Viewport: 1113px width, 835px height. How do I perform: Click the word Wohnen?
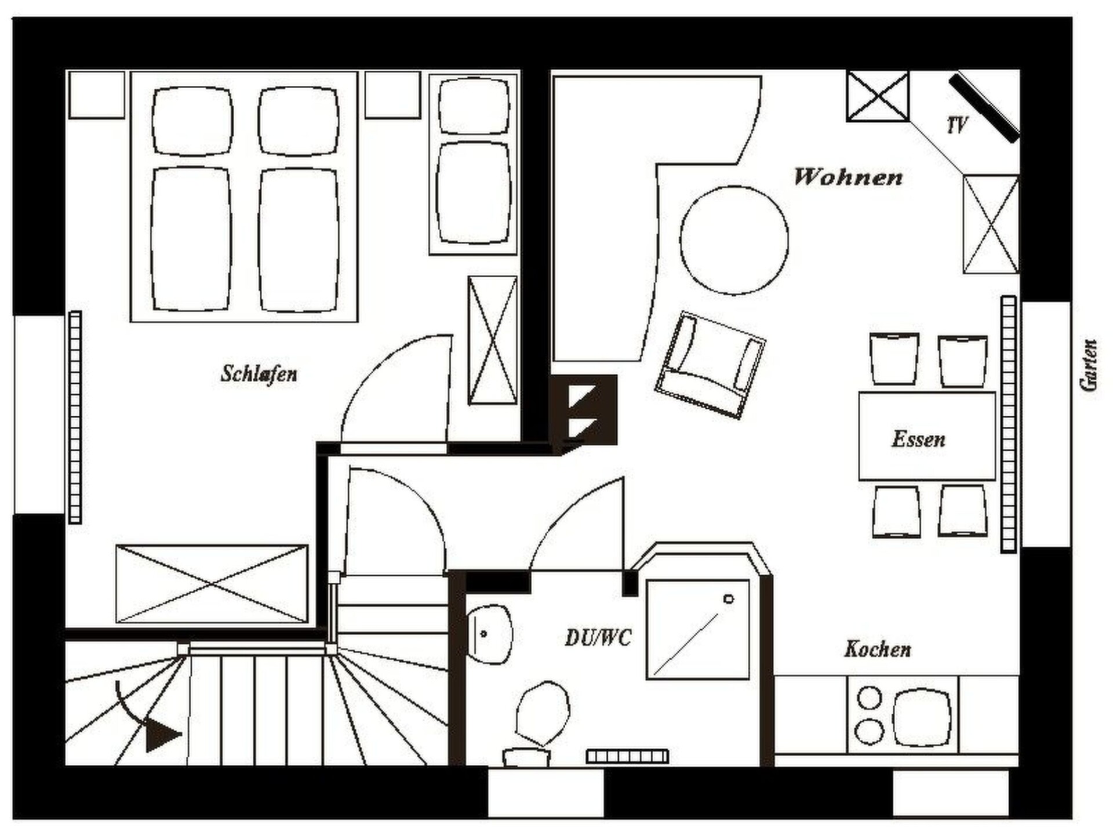[848, 177]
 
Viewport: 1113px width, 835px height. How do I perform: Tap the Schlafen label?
[259, 374]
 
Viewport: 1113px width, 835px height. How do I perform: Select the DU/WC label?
[598, 638]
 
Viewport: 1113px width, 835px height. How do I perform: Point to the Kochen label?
[877, 649]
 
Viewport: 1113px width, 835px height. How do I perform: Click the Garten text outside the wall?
[1089, 365]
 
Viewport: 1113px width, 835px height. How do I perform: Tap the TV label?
[957, 125]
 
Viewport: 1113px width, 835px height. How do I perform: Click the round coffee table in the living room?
[734, 240]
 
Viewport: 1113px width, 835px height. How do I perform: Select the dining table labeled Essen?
[927, 436]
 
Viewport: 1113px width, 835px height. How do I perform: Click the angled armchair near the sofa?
[710, 365]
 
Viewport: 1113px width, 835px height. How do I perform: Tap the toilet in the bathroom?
[539, 722]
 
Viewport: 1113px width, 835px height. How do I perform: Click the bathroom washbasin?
[490, 634]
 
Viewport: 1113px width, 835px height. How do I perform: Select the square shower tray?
[698, 629]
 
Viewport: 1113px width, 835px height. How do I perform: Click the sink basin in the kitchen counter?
[921, 718]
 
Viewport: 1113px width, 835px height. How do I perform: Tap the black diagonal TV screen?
[984, 108]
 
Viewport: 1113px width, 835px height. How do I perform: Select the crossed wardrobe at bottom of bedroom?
[212, 584]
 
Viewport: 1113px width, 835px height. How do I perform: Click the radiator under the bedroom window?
[75, 418]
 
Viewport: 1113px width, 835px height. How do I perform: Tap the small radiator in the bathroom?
[627, 756]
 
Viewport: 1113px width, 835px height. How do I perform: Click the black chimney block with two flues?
[584, 411]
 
